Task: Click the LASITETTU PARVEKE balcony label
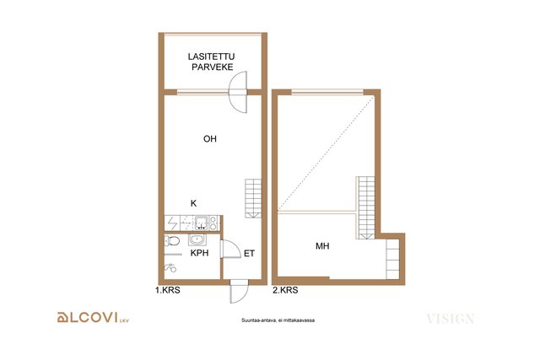[x=211, y=62]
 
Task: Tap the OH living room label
[x=210, y=139]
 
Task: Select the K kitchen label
[x=193, y=203]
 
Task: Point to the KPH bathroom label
[x=200, y=253]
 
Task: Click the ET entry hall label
[x=250, y=254]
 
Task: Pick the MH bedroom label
[x=322, y=246]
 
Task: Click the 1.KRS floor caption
[x=168, y=290]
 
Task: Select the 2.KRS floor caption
[x=285, y=290]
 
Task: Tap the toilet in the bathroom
[x=172, y=240]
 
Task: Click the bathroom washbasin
[x=197, y=239]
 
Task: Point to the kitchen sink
[x=201, y=223]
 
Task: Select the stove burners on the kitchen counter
[x=213, y=223]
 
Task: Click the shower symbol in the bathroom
[x=170, y=266]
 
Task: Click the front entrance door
[x=239, y=291]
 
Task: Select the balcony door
[x=238, y=92]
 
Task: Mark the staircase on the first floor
[x=253, y=199]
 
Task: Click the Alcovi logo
[x=93, y=317]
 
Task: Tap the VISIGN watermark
[x=451, y=319]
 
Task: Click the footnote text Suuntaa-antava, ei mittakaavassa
[x=278, y=320]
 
